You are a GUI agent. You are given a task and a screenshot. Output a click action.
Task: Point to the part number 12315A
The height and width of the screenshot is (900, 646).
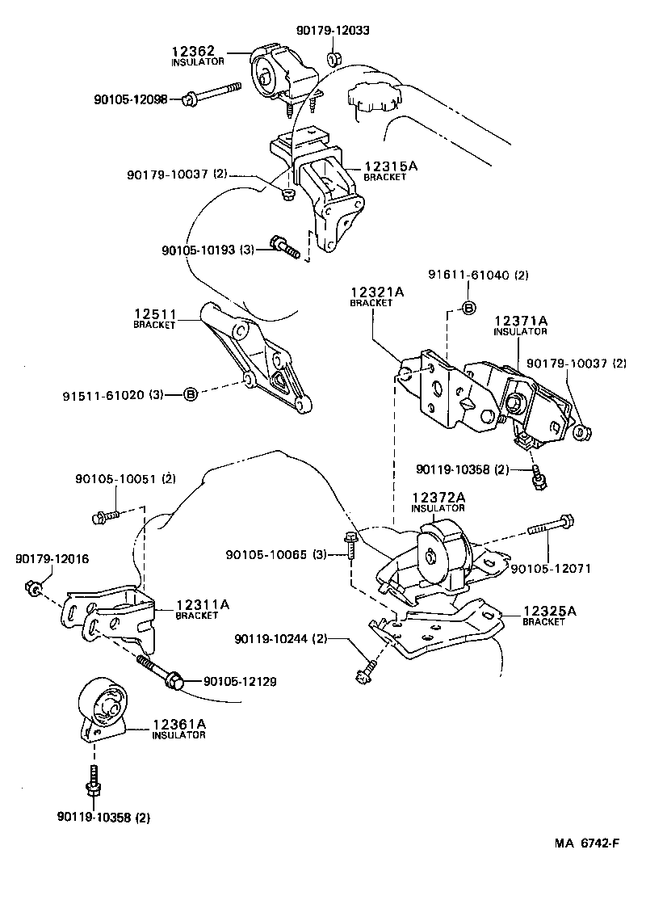tap(385, 166)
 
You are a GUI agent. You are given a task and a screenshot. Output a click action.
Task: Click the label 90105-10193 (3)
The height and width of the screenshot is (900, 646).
tap(208, 250)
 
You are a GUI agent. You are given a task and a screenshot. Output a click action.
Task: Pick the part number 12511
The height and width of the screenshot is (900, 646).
tap(154, 313)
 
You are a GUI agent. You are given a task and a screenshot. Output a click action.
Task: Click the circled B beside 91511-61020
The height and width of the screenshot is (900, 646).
tap(190, 394)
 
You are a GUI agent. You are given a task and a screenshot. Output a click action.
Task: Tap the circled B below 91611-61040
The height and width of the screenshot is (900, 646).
tap(468, 306)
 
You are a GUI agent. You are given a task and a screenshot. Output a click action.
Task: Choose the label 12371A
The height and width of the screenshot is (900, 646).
tap(521, 321)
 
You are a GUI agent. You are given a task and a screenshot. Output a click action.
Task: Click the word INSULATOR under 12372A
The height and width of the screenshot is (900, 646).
tap(438, 508)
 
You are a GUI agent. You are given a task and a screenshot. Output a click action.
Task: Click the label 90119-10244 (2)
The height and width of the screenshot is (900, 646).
tap(280, 638)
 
